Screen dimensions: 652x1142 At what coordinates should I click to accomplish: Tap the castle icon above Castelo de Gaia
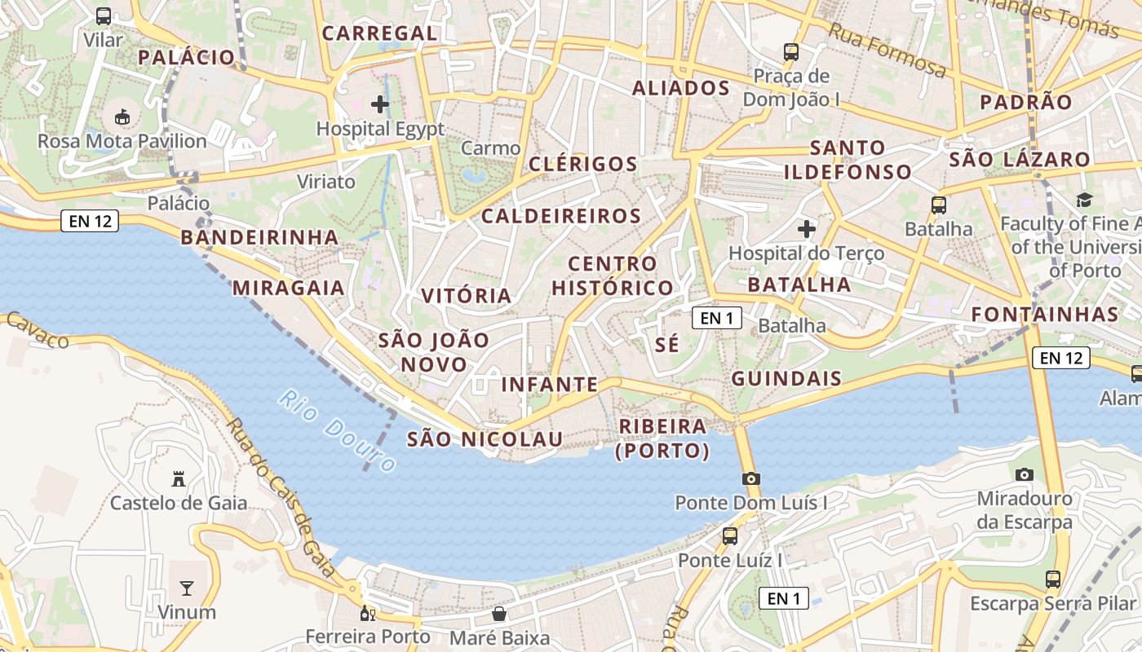179,478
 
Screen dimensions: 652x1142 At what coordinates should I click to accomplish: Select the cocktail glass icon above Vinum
187,588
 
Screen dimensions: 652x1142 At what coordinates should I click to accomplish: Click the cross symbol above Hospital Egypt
380,104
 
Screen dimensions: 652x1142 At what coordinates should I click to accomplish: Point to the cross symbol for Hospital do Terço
807,229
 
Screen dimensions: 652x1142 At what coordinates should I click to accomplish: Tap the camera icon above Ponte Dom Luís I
751,478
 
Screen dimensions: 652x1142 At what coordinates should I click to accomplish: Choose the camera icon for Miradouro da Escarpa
1025,474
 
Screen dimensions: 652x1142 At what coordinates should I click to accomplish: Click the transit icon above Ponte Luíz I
730,536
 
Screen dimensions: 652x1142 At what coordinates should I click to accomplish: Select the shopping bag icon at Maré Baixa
499,613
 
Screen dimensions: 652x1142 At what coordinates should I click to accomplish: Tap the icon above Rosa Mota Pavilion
122,117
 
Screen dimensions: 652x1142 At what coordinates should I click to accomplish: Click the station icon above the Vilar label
104,15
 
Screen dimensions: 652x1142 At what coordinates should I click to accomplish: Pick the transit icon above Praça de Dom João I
790,52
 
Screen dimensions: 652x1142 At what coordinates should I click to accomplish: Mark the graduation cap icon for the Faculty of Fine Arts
1084,200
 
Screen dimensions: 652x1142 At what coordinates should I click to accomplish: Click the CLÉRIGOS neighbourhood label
582,164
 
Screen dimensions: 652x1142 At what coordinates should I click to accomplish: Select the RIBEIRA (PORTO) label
662,438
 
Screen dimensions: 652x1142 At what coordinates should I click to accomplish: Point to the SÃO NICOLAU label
485,439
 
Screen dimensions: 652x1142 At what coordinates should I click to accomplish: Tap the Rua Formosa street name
887,51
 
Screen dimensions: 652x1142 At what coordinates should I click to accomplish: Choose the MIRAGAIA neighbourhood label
289,288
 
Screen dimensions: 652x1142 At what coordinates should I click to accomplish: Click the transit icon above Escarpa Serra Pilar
1053,579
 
